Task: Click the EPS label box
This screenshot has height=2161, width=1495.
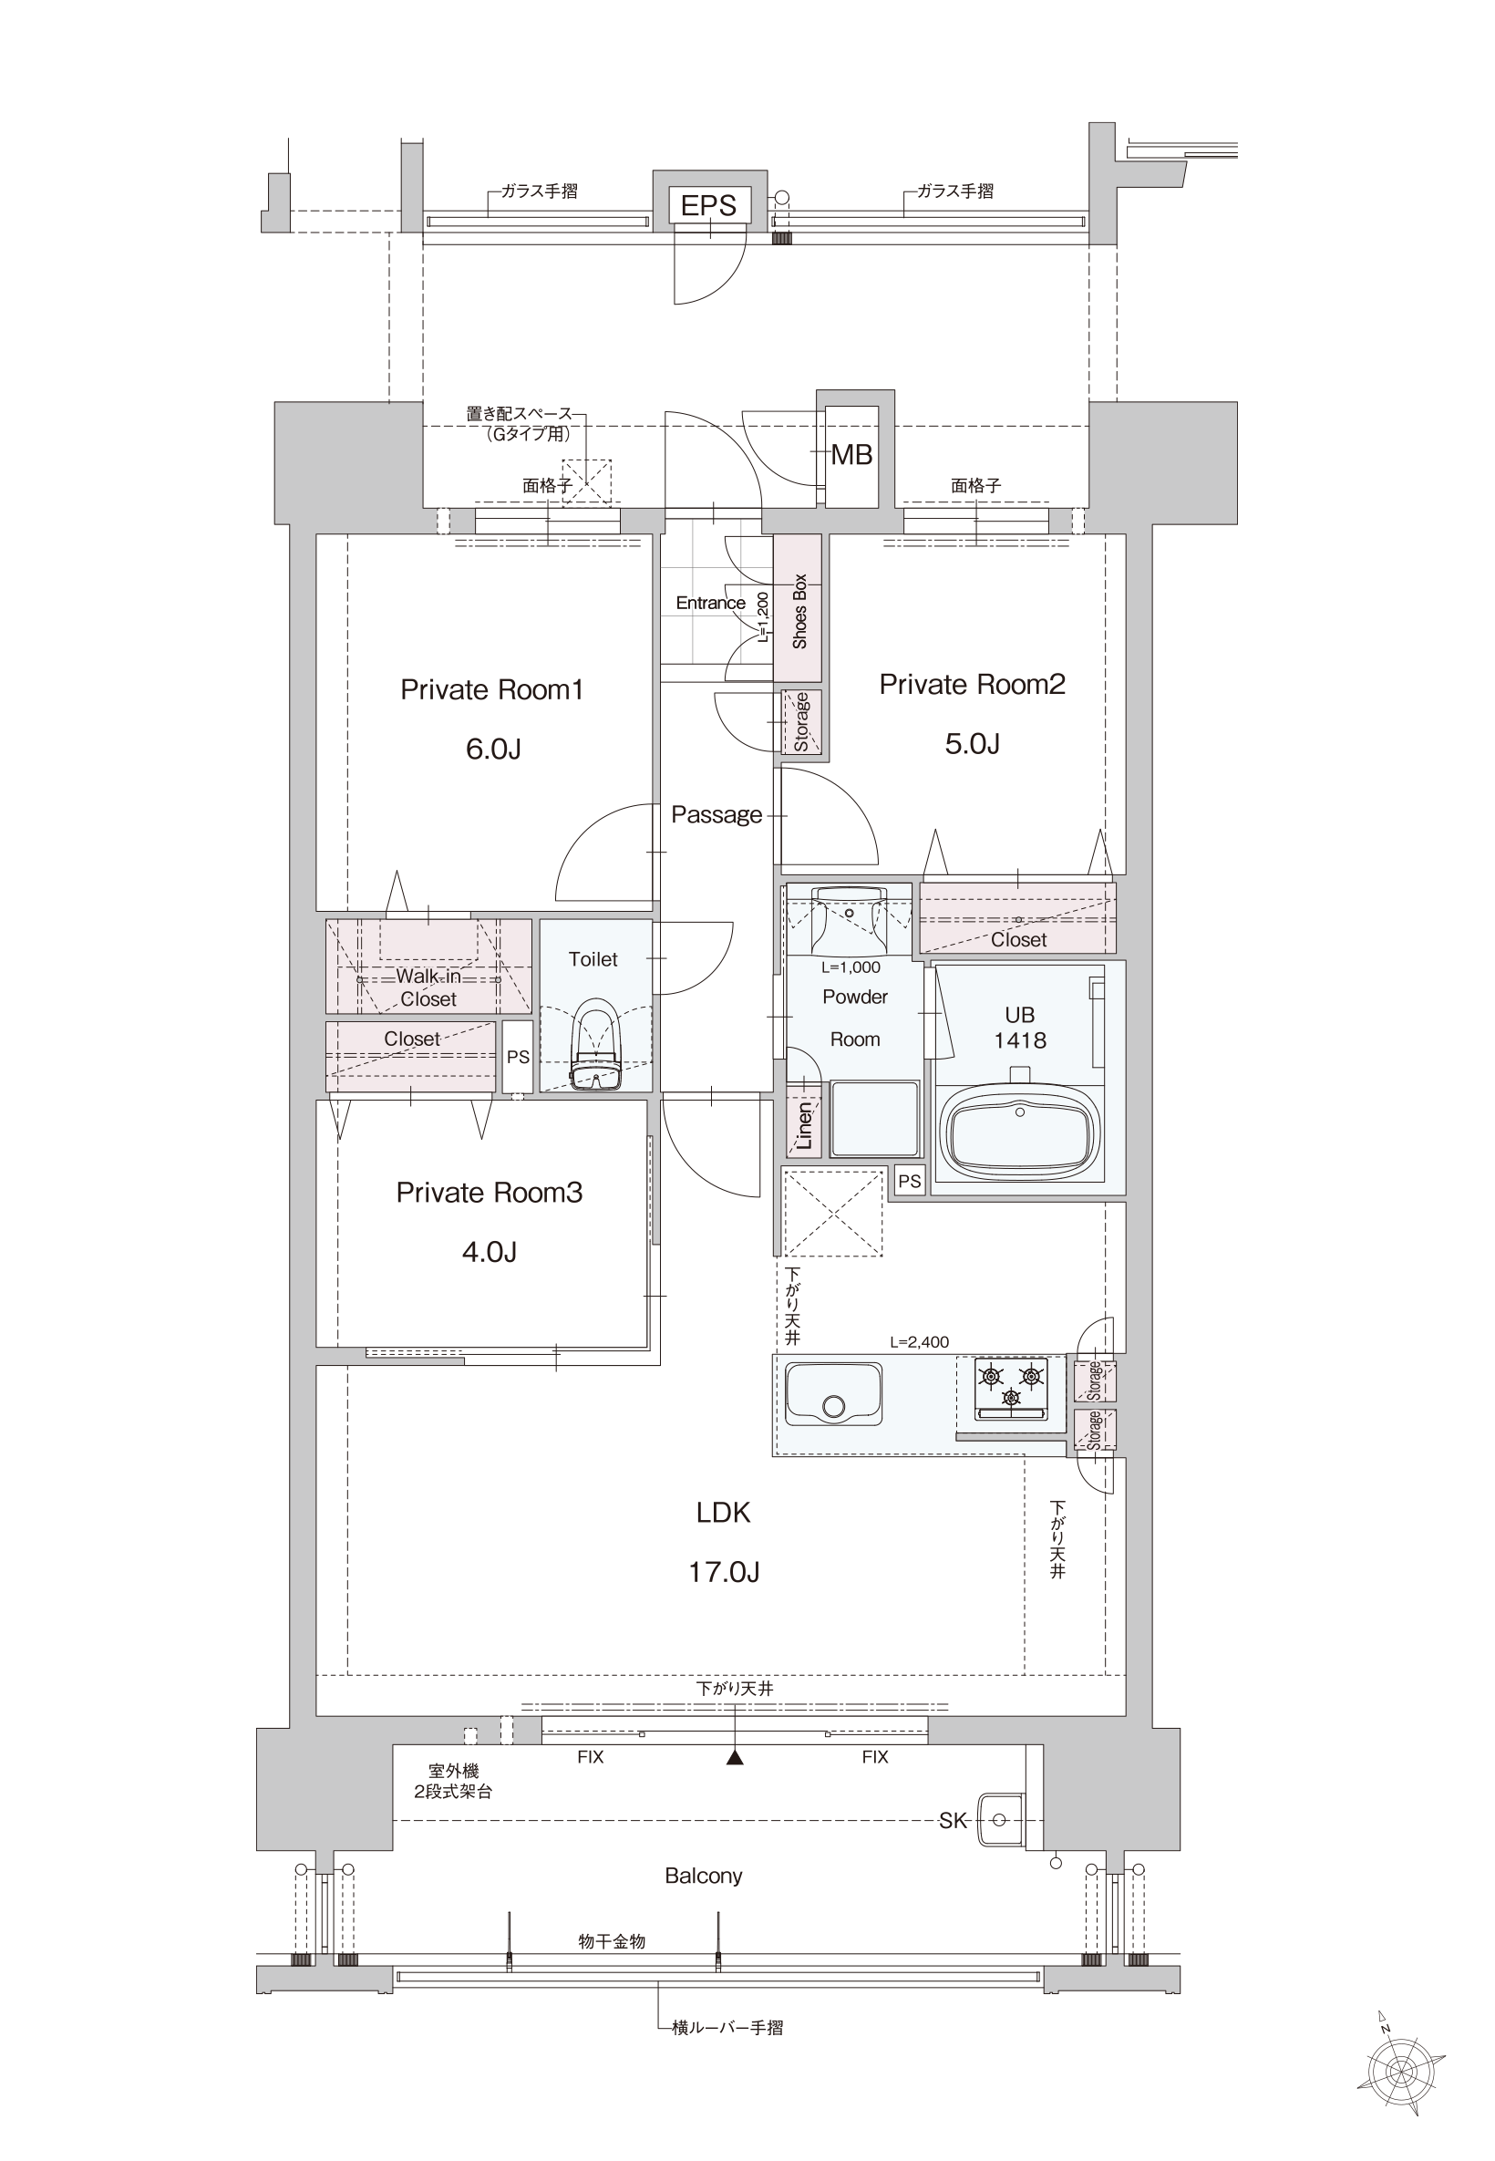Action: tap(709, 205)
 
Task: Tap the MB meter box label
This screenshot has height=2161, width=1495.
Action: tap(851, 455)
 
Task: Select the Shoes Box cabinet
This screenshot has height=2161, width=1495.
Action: tap(798, 608)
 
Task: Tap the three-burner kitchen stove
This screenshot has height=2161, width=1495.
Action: tap(1011, 1389)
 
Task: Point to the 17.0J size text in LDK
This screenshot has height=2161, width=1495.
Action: tap(724, 1572)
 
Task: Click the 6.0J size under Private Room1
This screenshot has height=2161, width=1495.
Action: tap(494, 750)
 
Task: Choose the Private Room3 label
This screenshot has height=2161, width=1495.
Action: tap(489, 1193)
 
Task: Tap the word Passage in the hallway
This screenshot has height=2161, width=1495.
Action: tap(717, 815)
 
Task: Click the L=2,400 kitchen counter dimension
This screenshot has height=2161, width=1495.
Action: tap(919, 1341)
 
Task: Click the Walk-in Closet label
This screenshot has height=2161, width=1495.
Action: tap(429, 987)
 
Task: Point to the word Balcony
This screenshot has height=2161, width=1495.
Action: tap(704, 1876)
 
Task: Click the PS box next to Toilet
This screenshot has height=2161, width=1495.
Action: tap(518, 1057)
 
